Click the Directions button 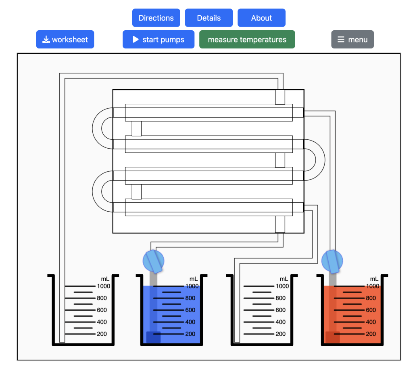156,18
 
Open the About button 261,18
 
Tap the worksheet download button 65,40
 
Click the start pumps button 159,40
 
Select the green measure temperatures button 247,40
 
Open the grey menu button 353,40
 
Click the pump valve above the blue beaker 154,261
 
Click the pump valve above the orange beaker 333,261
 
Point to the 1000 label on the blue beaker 192,286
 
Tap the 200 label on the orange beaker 371,334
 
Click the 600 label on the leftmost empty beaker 102,310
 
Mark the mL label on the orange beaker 374,279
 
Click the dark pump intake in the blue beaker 153,337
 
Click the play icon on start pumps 136,40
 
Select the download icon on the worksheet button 46,40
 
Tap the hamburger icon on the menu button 341,40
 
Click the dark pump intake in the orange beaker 332,337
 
